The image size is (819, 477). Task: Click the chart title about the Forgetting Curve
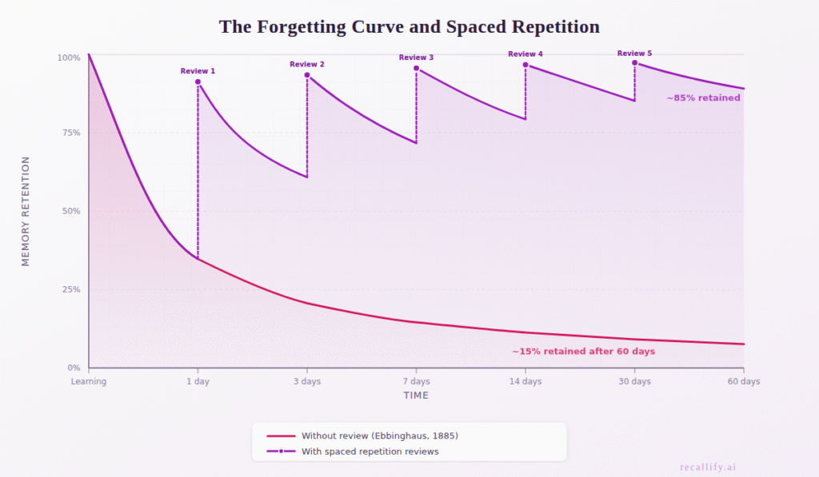coord(409,27)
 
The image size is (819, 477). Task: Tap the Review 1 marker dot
coord(198,81)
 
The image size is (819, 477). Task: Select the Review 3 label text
coord(416,58)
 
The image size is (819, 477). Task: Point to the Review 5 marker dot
coord(635,62)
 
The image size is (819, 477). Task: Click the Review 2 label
coord(307,65)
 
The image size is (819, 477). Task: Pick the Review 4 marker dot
coord(525,65)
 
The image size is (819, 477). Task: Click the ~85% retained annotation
coord(703,98)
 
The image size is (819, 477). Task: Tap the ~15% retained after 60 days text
coord(583,352)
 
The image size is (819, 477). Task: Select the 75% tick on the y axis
coord(70,133)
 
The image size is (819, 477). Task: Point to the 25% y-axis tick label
coord(70,290)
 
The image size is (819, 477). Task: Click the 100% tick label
coord(68,58)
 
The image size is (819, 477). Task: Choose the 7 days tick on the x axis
coord(416,382)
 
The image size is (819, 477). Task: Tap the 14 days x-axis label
coord(525,382)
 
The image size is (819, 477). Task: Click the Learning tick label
coord(89,382)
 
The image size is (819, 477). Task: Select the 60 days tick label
coord(743,382)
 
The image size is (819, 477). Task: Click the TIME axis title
coord(416,396)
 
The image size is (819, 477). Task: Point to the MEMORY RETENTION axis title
coord(26,211)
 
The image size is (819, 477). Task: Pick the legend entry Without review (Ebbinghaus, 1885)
coord(379,436)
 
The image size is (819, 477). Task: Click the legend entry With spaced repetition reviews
coord(370,451)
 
